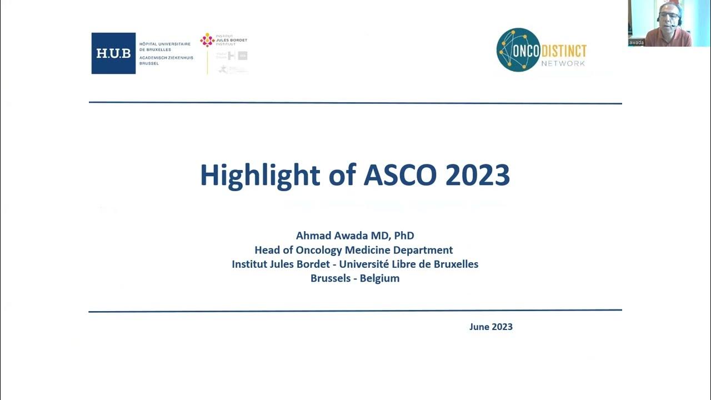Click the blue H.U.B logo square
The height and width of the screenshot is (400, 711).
click(x=113, y=53)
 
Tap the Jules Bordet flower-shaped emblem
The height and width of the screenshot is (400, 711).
click(x=207, y=39)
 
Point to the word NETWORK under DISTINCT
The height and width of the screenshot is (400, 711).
click(x=563, y=63)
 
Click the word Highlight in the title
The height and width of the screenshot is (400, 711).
click(x=259, y=176)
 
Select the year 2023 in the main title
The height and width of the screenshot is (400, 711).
click(x=478, y=176)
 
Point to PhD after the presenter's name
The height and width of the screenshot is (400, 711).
click(x=404, y=236)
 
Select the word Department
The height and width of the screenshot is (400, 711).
click(x=422, y=250)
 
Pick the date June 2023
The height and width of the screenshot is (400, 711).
click(x=490, y=327)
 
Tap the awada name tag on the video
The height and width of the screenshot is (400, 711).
click(x=637, y=42)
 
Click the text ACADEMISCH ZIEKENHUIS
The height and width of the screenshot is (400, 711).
click(x=166, y=57)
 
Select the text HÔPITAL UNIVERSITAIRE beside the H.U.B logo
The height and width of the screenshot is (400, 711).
click(x=164, y=44)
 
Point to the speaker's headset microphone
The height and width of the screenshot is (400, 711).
click(x=672, y=26)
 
